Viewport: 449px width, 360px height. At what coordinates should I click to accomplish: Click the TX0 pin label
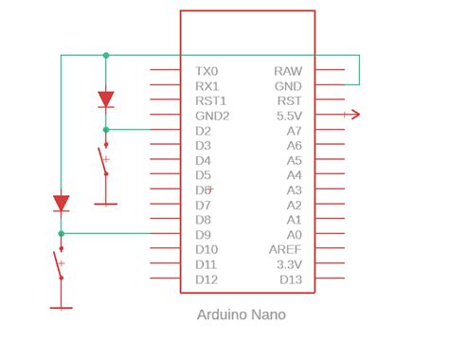click(x=206, y=71)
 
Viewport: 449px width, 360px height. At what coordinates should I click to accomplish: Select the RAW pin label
click(x=288, y=71)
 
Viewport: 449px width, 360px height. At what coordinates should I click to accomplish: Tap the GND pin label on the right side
click(x=288, y=85)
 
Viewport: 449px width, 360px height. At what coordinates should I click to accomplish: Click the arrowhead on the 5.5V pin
click(x=353, y=116)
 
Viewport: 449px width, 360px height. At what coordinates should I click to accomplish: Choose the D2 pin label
click(x=203, y=130)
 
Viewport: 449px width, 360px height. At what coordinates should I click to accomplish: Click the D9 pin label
click(x=203, y=234)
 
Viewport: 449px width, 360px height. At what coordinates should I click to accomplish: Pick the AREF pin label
click(x=285, y=249)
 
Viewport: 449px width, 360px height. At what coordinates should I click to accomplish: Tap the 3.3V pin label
click(x=287, y=264)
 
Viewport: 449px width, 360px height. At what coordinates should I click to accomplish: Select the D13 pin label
click(x=290, y=279)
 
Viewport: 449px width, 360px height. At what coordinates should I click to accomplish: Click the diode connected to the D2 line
click(x=106, y=98)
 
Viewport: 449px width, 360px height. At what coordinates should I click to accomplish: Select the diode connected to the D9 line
click(x=62, y=203)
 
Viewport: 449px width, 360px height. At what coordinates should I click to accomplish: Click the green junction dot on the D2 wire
click(x=106, y=130)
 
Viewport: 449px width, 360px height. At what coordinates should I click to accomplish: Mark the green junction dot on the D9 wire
click(x=62, y=233)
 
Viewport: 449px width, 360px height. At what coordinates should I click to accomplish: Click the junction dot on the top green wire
click(x=106, y=56)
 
